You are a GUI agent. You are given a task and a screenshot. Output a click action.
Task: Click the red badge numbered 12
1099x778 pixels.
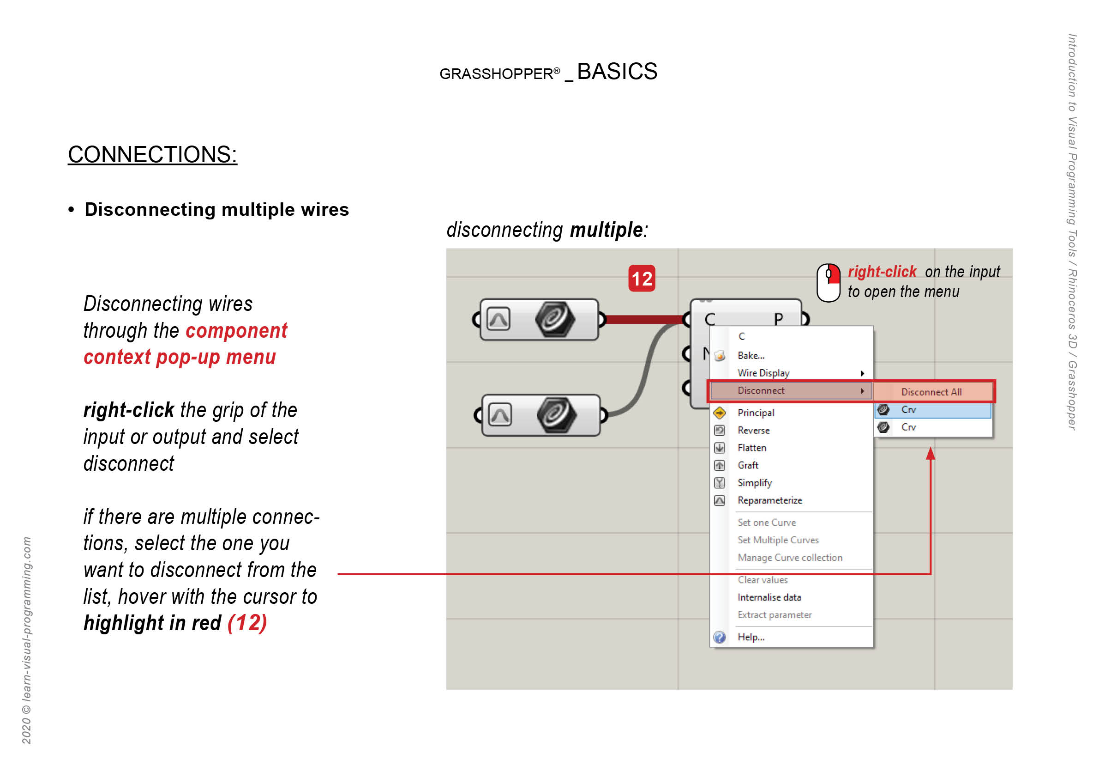pyautogui.click(x=642, y=278)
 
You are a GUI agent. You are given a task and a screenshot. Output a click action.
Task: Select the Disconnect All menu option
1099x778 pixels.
pyautogui.click(x=931, y=392)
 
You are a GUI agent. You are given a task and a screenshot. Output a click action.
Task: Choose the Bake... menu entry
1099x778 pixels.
pyautogui.click(x=751, y=355)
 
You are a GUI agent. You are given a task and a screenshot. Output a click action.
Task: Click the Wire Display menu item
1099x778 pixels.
pyautogui.click(x=763, y=373)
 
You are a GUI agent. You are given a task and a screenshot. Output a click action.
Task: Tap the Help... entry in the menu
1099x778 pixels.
pyautogui.click(x=751, y=637)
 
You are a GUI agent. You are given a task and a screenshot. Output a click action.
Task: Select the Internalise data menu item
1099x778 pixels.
pyautogui.click(x=769, y=597)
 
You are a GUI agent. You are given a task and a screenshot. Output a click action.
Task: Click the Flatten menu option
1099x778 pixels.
pyautogui.click(x=751, y=448)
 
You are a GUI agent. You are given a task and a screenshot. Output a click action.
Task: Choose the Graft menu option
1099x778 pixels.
pyautogui.click(x=748, y=465)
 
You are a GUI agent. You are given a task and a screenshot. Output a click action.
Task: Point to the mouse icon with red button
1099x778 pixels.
pyautogui.click(x=828, y=283)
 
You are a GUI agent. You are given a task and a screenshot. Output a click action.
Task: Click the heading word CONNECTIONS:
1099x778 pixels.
pyautogui.click(x=152, y=154)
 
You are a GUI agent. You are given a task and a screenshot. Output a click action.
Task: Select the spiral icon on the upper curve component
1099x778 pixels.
pyautogui.click(x=554, y=319)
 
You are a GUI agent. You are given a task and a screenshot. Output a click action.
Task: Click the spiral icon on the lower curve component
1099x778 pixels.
pyautogui.click(x=556, y=414)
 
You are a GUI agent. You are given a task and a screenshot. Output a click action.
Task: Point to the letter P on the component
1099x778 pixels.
pyautogui.click(x=778, y=319)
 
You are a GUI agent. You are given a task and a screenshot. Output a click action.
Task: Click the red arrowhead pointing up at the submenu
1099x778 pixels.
pyautogui.click(x=930, y=453)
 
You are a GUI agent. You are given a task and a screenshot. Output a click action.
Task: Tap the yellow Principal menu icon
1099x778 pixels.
pyautogui.click(x=719, y=413)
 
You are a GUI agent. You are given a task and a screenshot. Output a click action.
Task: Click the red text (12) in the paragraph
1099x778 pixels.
pyautogui.click(x=247, y=623)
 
